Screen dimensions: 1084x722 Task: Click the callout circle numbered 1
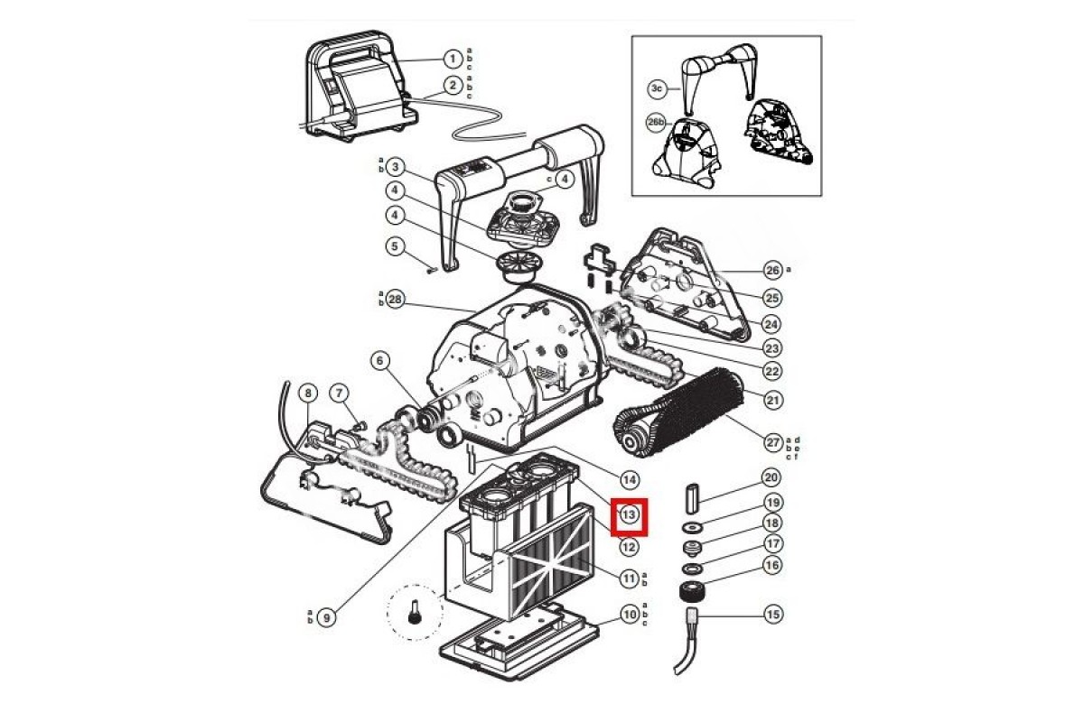453,60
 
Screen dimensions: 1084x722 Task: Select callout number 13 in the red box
629,514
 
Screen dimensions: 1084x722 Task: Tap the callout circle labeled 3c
657,89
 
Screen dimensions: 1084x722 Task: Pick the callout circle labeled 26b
656,123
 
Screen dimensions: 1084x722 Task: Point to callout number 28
396,300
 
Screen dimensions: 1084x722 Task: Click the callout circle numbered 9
327,617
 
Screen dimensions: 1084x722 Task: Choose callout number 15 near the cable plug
773,615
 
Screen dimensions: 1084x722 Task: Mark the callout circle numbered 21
773,400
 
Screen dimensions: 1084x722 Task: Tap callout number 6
380,360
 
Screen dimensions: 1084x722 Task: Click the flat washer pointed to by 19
693,527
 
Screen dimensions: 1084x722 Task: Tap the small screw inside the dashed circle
414,613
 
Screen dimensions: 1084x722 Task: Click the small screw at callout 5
432,271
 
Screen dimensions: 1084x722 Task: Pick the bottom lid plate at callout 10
519,642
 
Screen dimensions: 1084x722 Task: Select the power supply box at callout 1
358,85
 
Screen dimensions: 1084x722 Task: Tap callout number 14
629,479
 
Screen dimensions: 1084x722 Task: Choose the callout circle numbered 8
308,393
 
